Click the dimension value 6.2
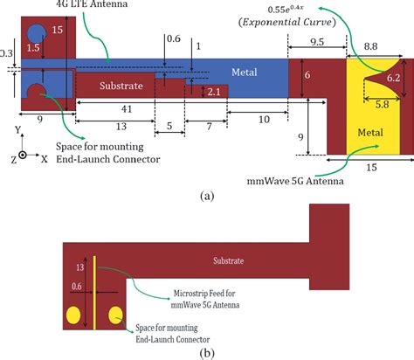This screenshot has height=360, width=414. point(394,79)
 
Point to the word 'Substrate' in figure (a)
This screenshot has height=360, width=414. point(120,87)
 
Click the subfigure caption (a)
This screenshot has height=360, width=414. point(206,196)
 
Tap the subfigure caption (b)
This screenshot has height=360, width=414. point(206,352)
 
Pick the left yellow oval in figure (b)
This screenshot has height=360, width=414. point(72,313)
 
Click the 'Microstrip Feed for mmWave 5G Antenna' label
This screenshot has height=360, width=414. point(197,298)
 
